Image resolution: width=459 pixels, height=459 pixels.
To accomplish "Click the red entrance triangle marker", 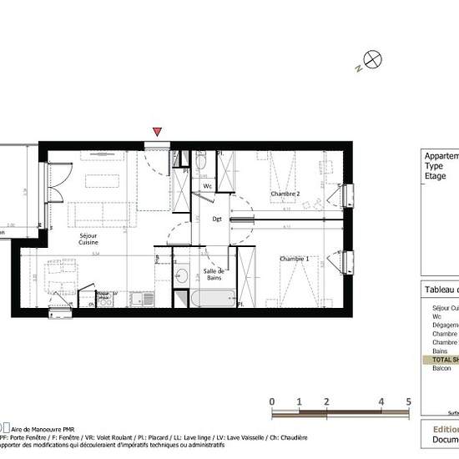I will [x=157, y=132].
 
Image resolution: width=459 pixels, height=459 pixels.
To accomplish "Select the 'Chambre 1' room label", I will [x=295, y=259].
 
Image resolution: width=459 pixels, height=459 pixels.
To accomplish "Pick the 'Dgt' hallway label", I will [x=216, y=219].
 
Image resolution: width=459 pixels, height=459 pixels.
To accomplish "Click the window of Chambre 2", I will [x=346, y=195].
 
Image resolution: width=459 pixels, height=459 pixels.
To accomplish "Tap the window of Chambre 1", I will [x=346, y=262].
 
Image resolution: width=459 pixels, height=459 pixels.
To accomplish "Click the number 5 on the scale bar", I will [x=408, y=401].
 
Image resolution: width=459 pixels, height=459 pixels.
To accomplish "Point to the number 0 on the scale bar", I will [x=273, y=401].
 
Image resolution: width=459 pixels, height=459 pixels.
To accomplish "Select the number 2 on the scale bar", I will [x=326, y=401].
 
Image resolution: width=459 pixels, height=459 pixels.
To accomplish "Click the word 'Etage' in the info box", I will [x=436, y=176].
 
